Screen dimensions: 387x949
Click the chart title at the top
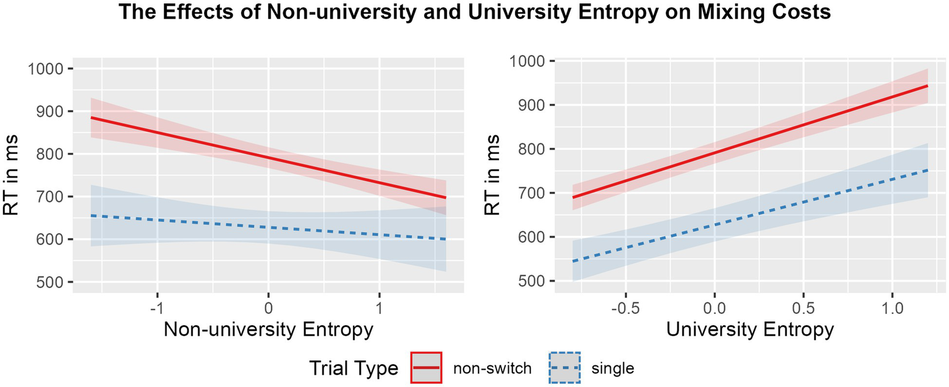pyautogui.click(x=474, y=14)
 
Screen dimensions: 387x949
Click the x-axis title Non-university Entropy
pyautogui.click(x=268, y=330)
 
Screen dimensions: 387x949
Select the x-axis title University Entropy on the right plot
pyautogui.click(x=749, y=330)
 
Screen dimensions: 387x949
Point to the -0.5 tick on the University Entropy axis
pyautogui.click(x=626, y=307)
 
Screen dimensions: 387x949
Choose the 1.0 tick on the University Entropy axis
pyautogui.click(x=892, y=307)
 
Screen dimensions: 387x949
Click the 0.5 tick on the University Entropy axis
pyautogui.click(x=803, y=307)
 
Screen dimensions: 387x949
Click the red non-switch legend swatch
pyautogui.click(x=426, y=368)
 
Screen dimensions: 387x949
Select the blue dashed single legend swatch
pyautogui.click(x=564, y=368)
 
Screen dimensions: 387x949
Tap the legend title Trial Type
pyautogui.click(x=354, y=368)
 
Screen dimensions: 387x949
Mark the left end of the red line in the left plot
pyautogui.click(x=91, y=117)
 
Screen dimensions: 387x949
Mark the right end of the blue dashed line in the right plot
pyautogui.click(x=928, y=170)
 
